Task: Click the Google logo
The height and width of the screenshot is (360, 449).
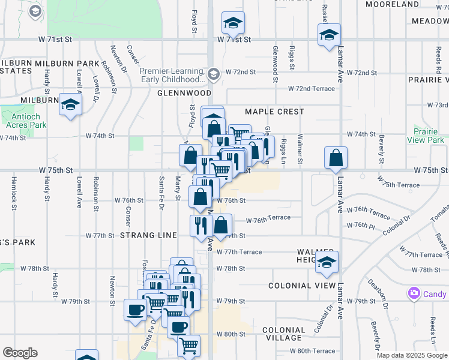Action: pyautogui.click(x=20, y=353)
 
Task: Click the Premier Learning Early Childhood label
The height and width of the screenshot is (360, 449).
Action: pyautogui.click(x=172, y=74)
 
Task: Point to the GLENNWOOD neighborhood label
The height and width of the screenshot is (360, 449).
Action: pyautogui.click(x=184, y=94)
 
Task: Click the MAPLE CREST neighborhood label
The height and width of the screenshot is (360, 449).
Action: pyautogui.click(x=274, y=112)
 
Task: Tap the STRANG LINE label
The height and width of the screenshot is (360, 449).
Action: pyautogui.click(x=148, y=235)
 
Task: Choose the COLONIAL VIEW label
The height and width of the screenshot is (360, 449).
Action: pyautogui.click(x=296, y=286)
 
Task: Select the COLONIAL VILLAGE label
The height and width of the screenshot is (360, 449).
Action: pyautogui.click(x=284, y=335)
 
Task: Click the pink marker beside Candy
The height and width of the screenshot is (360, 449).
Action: pyautogui.click(x=413, y=294)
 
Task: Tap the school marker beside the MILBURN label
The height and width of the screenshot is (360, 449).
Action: pyautogui.click(x=70, y=105)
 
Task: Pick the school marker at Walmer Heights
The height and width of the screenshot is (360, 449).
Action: pyautogui.click(x=327, y=262)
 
